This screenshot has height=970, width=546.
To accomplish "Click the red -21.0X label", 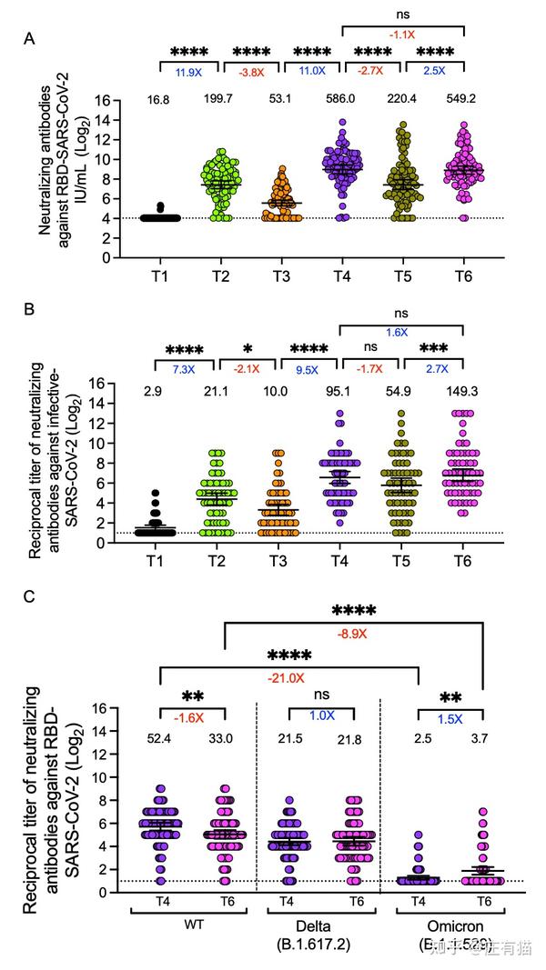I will click(288, 677).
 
